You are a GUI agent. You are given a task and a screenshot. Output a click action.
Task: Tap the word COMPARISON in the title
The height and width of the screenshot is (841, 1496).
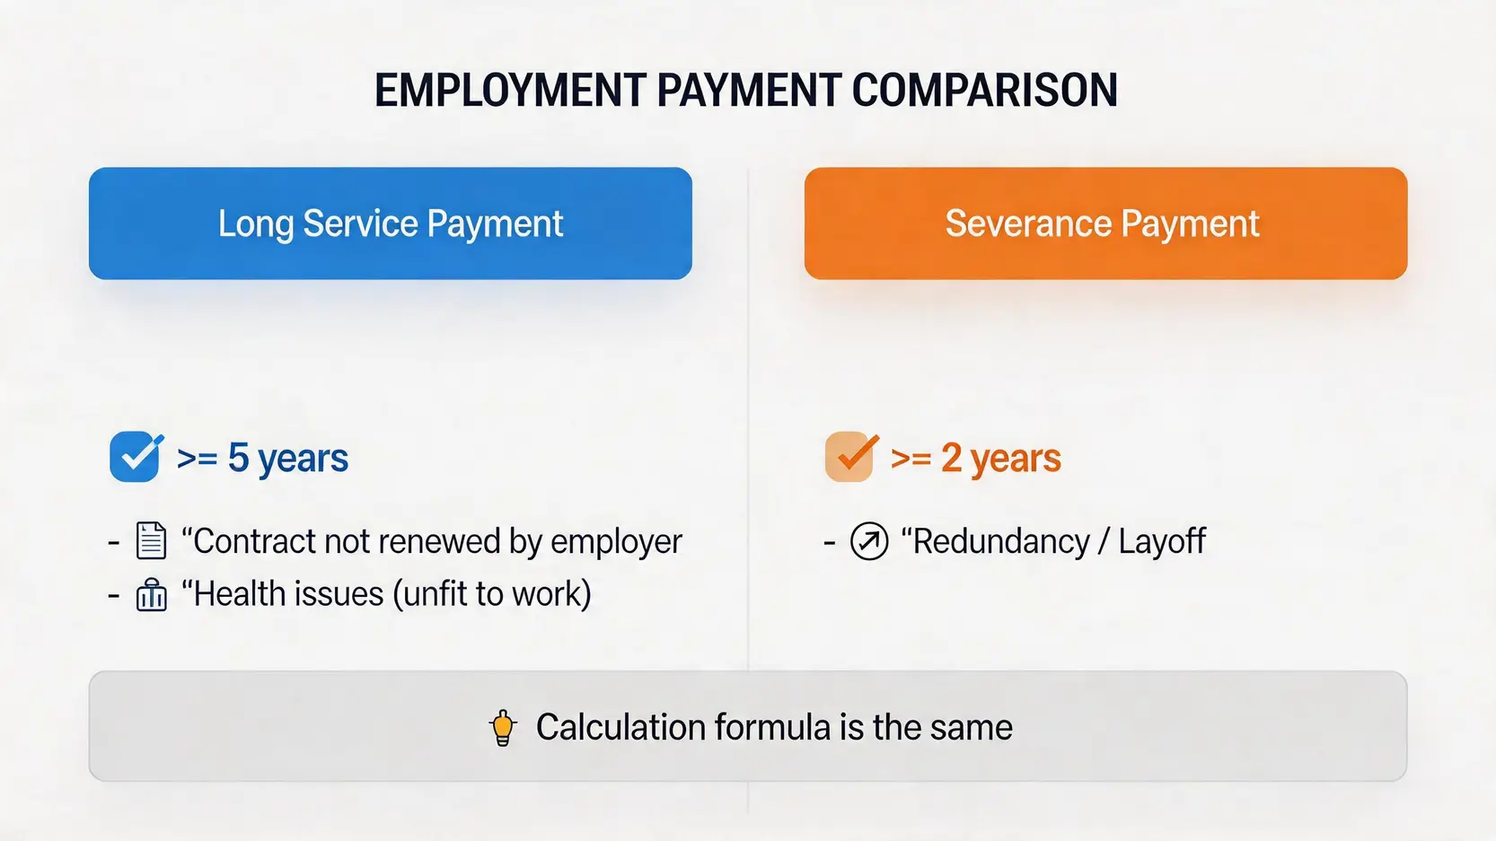985,90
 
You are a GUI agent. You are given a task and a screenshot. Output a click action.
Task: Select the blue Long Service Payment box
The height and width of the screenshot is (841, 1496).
390,223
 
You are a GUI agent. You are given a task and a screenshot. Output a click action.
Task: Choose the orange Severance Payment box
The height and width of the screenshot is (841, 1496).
1106,223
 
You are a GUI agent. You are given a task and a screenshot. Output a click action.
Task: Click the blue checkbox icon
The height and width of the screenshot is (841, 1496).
136,457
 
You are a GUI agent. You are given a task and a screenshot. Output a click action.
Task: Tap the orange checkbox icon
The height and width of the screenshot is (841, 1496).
851,457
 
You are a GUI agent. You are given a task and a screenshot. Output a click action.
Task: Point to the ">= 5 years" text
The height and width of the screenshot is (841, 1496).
262,458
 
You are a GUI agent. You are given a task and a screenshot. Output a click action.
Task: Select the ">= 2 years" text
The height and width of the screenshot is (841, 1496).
976,458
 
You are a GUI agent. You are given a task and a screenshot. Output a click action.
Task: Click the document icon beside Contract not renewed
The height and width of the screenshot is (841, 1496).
151,540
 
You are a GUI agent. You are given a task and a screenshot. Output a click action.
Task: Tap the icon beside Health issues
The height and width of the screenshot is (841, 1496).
152,595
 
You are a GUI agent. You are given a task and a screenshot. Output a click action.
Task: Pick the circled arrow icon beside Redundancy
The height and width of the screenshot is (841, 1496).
869,540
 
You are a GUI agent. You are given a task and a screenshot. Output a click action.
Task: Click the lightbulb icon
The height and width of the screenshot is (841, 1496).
503,728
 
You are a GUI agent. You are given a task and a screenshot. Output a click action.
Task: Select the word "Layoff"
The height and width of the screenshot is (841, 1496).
1162,540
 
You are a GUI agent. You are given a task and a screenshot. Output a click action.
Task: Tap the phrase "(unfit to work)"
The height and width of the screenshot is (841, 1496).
492,594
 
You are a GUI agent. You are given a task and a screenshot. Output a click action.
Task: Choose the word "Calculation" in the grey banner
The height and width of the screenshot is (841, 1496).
620,728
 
